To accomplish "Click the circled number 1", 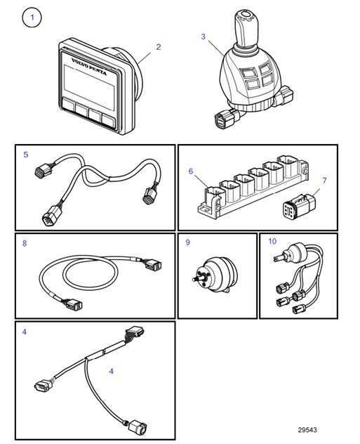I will pyautogui.click(x=32, y=17).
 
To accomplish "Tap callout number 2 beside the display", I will pyautogui.click(x=159, y=47).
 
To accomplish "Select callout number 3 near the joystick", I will pyautogui.click(x=203, y=37).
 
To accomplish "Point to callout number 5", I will pyautogui.click(x=25, y=154).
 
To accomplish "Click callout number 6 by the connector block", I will pyautogui.click(x=190, y=171).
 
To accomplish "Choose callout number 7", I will pyautogui.click(x=324, y=181).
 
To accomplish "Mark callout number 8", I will pyautogui.click(x=25, y=244).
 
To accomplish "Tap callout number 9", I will pyautogui.click(x=187, y=243).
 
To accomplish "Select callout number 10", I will pyautogui.click(x=272, y=243).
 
